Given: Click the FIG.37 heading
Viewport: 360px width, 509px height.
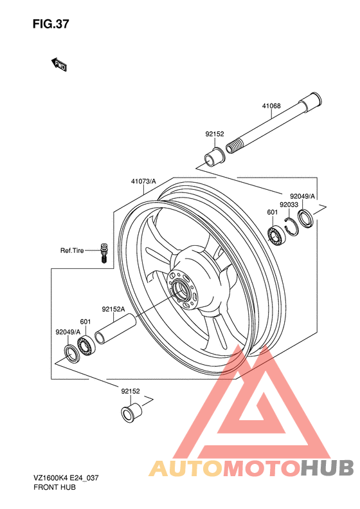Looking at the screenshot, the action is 51,24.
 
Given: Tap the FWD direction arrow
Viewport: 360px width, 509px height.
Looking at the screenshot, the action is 59,64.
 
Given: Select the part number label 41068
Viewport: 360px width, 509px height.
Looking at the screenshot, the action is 271,106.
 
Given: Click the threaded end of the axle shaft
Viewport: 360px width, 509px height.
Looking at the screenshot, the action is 233,147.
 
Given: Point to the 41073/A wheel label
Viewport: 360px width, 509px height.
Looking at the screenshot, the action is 143,181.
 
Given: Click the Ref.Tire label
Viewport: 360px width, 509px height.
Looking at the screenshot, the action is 72,250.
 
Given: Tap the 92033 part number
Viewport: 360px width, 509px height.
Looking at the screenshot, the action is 289,205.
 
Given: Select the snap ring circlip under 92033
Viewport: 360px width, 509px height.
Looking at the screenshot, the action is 291,227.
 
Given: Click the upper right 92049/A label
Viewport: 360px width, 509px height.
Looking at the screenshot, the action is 302,196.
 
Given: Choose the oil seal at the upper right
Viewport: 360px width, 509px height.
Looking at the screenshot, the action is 305,219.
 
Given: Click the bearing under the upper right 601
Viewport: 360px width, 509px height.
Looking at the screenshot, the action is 276,235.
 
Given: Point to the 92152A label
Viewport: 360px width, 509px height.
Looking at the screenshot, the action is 114,309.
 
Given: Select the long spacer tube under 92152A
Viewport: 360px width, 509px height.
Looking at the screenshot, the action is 115,329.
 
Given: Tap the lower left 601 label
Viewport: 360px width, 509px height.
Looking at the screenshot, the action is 85,322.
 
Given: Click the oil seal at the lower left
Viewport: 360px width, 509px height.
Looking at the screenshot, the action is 71,354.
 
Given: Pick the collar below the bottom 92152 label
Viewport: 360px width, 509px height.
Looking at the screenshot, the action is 131,412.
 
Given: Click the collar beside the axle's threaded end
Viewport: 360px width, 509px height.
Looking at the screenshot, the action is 214,157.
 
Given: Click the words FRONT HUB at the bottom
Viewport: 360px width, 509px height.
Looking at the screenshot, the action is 55,487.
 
